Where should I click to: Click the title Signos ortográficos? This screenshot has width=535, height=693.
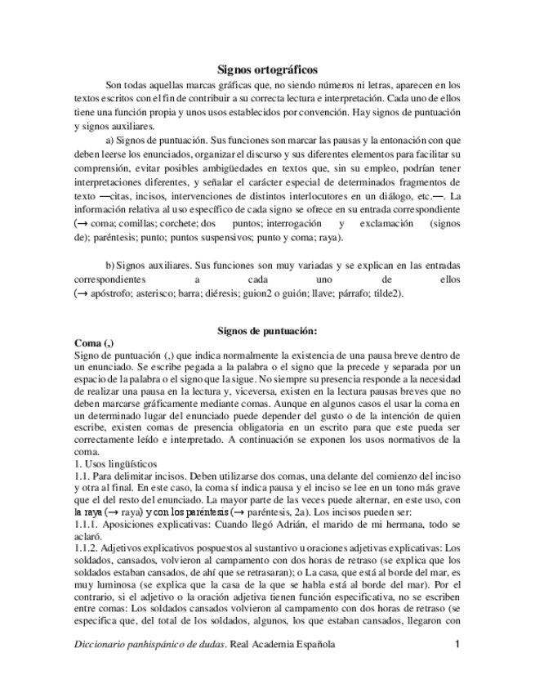(x=267, y=70)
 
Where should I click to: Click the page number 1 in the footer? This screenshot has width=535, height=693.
(x=458, y=644)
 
